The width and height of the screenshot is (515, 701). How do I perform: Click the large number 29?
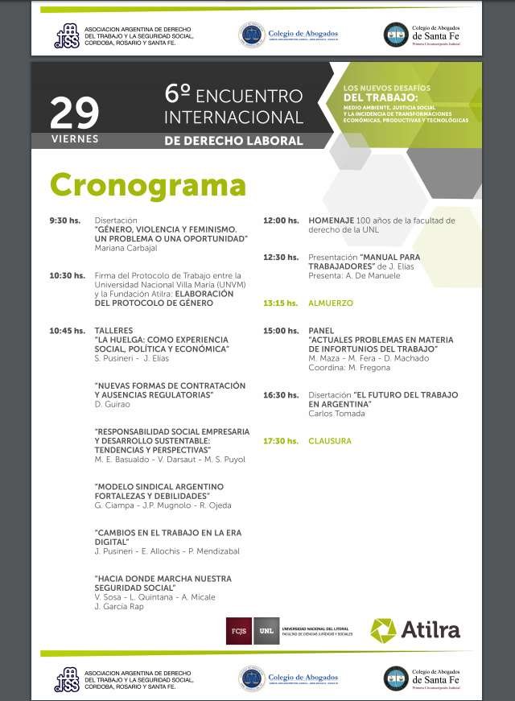[x=74, y=113]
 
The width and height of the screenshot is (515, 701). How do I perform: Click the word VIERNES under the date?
[x=74, y=138]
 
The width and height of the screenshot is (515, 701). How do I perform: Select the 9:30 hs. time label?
[x=64, y=220]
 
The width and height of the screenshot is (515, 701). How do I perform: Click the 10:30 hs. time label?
[x=66, y=275]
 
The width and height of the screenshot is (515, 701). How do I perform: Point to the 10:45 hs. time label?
[x=66, y=330]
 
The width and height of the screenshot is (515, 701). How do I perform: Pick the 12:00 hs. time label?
[x=280, y=220]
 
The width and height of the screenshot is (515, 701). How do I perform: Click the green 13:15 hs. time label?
[x=280, y=303]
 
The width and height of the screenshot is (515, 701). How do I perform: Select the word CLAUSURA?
[x=330, y=441]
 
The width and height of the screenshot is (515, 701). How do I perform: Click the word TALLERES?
[x=113, y=330]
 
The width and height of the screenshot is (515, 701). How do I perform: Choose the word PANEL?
[x=321, y=331]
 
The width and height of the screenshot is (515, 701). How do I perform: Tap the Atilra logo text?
[x=430, y=630]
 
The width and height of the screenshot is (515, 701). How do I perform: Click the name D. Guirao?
[x=112, y=404]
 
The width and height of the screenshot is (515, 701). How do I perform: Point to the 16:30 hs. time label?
[x=280, y=395]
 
